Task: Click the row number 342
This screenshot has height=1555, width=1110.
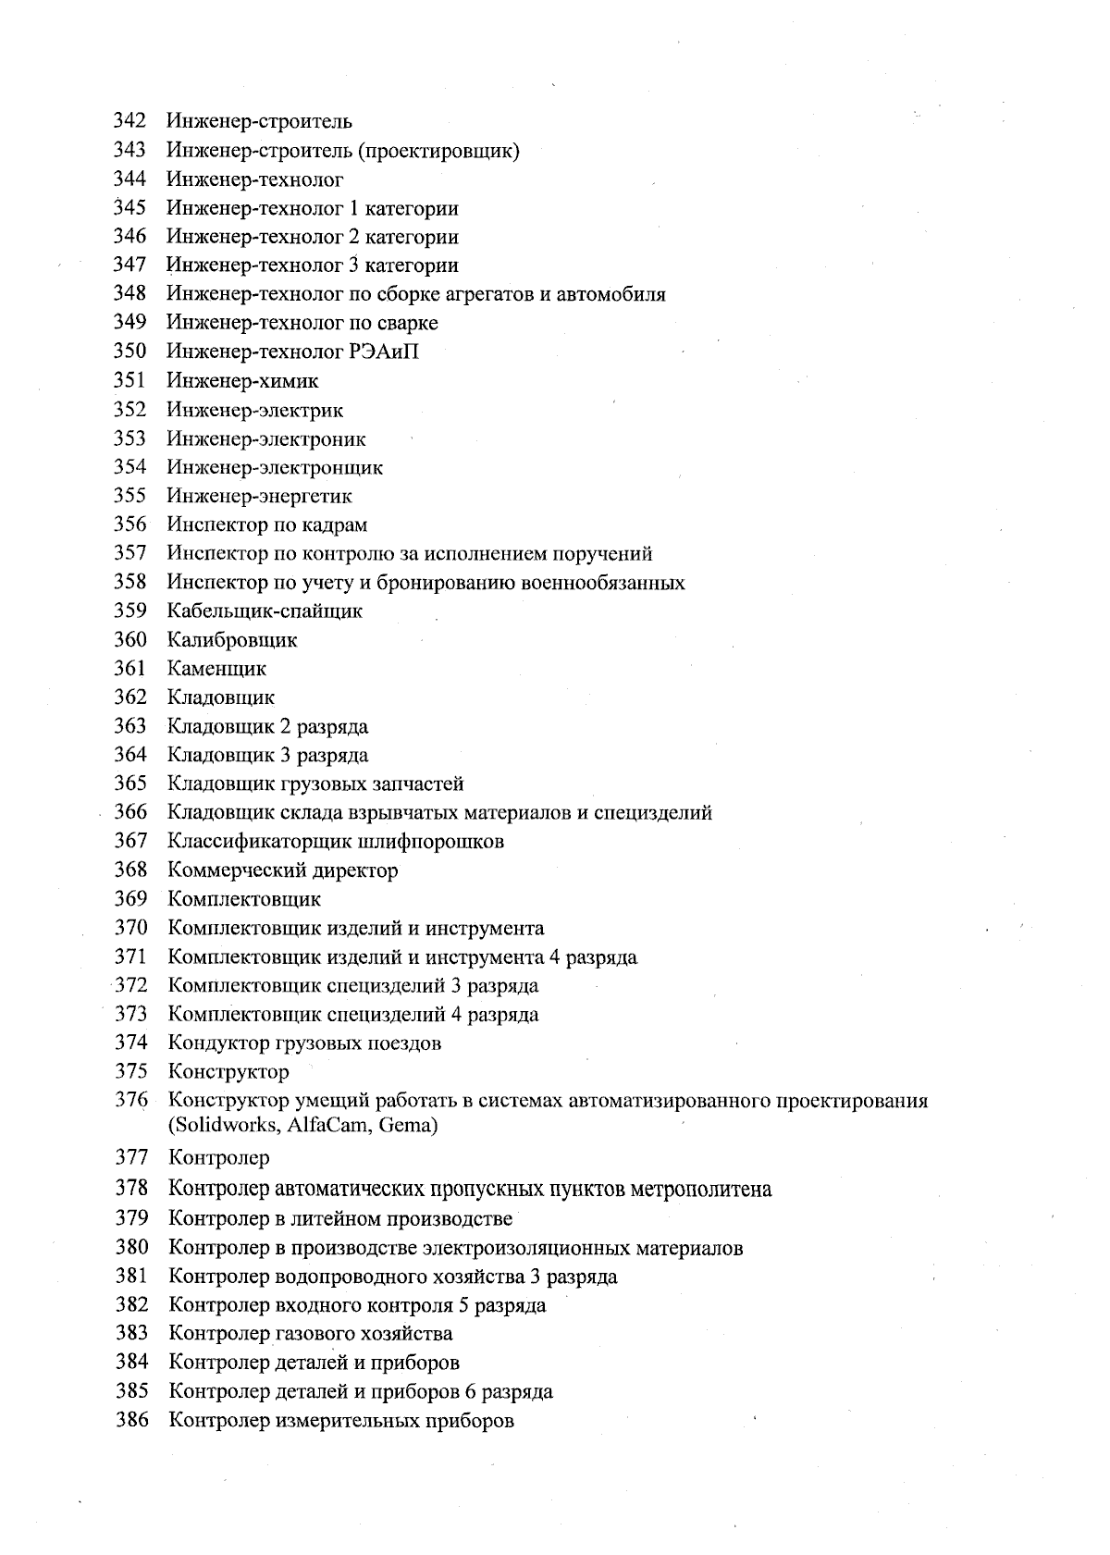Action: pyautogui.click(x=129, y=121)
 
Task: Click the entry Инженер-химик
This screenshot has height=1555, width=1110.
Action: pyautogui.click(x=243, y=381)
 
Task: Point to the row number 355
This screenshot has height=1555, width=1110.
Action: pyautogui.click(x=129, y=496)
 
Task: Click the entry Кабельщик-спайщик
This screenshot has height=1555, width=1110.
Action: pyautogui.click(x=265, y=611)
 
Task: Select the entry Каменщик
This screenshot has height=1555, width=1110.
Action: pyautogui.click(x=216, y=669)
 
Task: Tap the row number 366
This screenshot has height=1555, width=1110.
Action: pyautogui.click(x=130, y=813)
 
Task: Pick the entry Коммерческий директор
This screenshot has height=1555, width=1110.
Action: pyautogui.click(x=283, y=870)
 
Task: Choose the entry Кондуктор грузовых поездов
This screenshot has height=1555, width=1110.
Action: pyautogui.click(x=304, y=1043)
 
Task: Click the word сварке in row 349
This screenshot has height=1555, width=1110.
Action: pyautogui.click(x=408, y=323)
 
